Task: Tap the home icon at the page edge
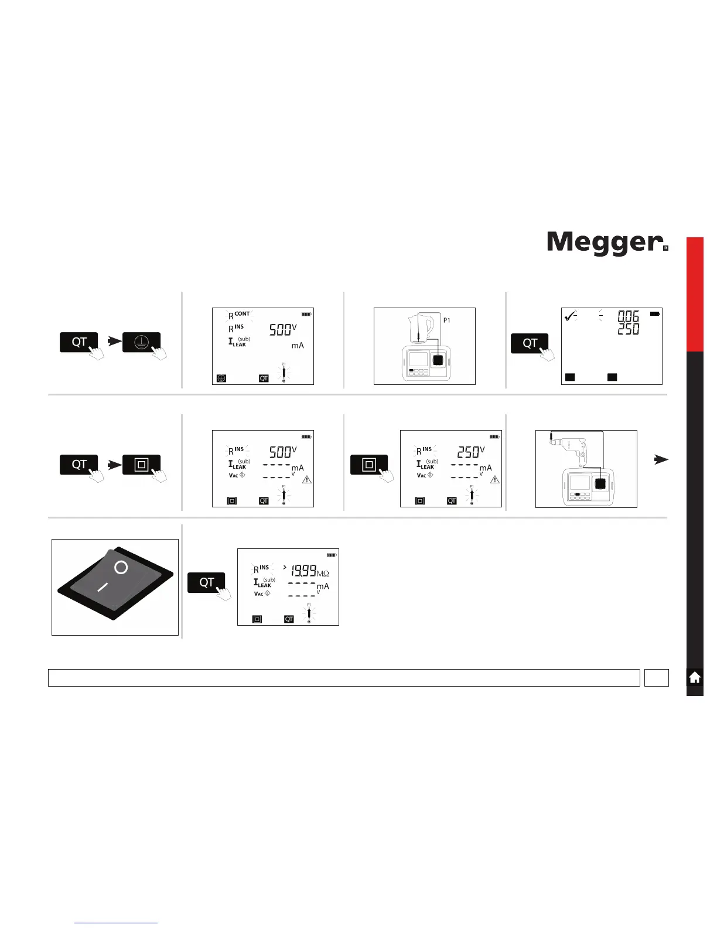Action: pos(695,678)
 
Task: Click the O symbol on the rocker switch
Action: pos(121,567)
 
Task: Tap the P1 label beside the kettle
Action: pos(446,320)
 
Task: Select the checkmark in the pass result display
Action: pos(569,316)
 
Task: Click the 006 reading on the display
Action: pos(629,316)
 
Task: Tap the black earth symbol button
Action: pos(141,343)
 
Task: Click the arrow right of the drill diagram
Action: pos(661,460)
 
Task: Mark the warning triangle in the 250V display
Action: pos(495,479)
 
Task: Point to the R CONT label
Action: pos(239,315)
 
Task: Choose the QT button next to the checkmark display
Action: pos(530,343)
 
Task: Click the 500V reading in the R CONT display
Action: pos(283,330)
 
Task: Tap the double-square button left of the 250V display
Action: pos(369,465)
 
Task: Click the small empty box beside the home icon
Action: pos(656,678)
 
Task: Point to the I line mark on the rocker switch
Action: pos(103,586)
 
